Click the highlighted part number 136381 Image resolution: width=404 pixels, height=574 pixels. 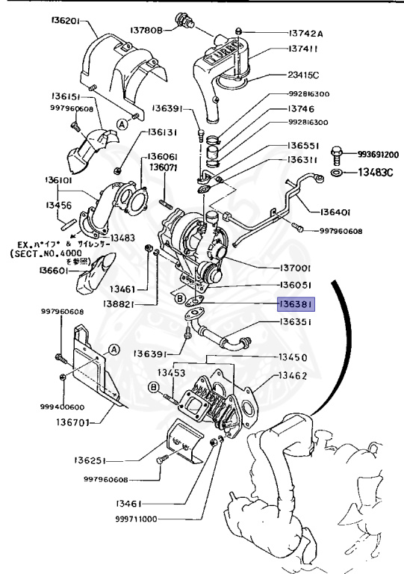tap(296, 305)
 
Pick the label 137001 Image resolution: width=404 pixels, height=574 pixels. tap(295, 268)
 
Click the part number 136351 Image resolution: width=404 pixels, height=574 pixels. tap(296, 322)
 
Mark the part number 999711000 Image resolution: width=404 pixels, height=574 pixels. tap(146, 518)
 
